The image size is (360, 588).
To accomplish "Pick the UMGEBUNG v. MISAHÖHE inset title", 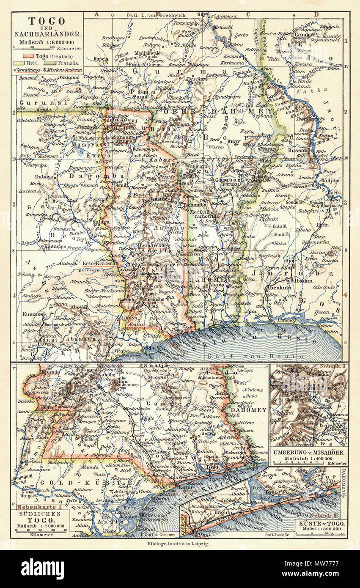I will tap(308, 453).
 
